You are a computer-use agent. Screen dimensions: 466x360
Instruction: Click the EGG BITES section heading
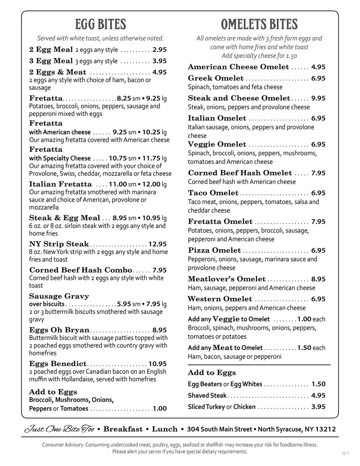click(100, 24)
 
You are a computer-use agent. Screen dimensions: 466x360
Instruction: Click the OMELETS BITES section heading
click(259, 24)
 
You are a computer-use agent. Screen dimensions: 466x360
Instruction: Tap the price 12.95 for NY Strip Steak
click(157, 244)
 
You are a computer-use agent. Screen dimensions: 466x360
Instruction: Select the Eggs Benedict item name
click(58, 364)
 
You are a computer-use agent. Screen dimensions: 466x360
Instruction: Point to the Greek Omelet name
click(216, 78)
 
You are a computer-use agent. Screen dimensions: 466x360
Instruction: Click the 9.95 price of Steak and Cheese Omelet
click(318, 98)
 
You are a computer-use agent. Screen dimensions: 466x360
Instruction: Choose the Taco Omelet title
click(213, 193)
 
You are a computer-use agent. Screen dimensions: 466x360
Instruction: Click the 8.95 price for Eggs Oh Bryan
click(159, 330)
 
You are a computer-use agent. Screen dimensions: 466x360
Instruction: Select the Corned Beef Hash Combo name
click(81, 270)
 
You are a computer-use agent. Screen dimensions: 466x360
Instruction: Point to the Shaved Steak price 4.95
click(318, 395)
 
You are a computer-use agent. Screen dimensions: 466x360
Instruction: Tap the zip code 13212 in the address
click(325, 429)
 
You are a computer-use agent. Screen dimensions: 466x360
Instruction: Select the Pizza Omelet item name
click(214, 250)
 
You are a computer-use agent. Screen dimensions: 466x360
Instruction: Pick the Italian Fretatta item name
click(60, 184)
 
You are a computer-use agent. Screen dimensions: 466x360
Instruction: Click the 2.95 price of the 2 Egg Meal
click(159, 50)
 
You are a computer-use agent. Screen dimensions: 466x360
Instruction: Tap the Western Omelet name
click(220, 299)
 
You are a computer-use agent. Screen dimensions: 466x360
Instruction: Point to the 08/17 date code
click(345, 453)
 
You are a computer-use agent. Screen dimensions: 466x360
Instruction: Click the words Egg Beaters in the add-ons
click(205, 384)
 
